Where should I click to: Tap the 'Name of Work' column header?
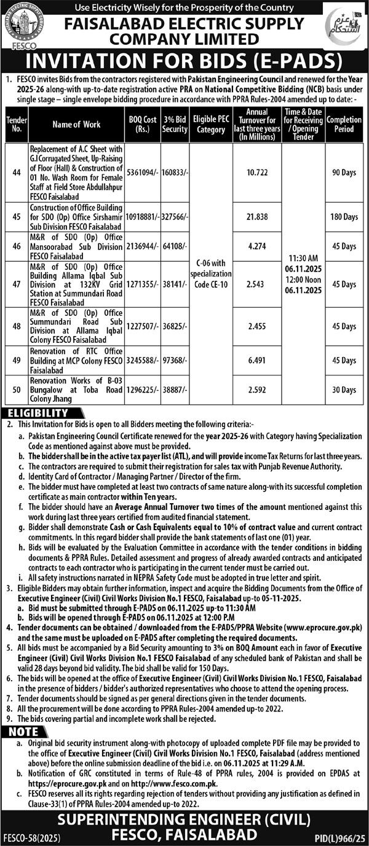pos(76,125)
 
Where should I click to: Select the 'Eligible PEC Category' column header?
pos(211,125)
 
